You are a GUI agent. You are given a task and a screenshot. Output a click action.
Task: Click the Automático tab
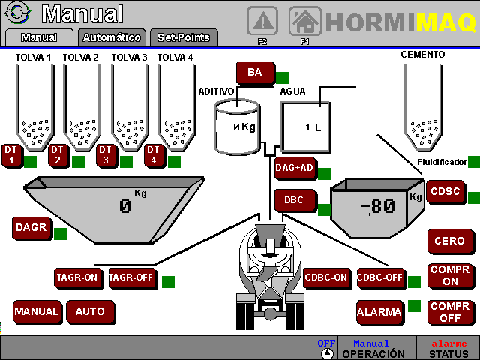pyautogui.click(x=112, y=37)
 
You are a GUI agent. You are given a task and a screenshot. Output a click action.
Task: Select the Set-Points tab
pyautogui.click(x=184, y=37)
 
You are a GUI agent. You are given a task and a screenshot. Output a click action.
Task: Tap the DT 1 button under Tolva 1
pyautogui.click(x=11, y=155)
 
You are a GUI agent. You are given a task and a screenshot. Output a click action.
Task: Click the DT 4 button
pyautogui.click(x=154, y=155)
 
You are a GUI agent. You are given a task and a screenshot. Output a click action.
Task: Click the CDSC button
pyautogui.click(x=445, y=191)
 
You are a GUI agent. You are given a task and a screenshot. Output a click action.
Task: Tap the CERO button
pyautogui.click(x=450, y=241)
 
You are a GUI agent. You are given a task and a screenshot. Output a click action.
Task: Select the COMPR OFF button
pyautogui.click(x=450, y=311)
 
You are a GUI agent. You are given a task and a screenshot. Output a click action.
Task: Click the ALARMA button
pyautogui.click(x=379, y=311)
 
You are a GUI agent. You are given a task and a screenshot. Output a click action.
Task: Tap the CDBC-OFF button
pyautogui.click(x=380, y=277)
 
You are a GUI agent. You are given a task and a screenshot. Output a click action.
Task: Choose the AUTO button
pyautogui.click(x=90, y=310)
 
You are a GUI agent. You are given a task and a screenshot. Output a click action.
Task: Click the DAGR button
pyautogui.click(x=31, y=228)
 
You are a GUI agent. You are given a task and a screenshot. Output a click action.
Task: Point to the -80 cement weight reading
pyautogui.click(x=377, y=206)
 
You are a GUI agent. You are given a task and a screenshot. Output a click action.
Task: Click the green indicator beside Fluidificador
pyautogui.click(x=473, y=162)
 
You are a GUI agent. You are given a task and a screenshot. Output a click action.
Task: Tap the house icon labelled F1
pyautogui.click(x=305, y=20)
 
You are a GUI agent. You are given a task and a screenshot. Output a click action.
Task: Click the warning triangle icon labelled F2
pyautogui.click(x=262, y=20)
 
